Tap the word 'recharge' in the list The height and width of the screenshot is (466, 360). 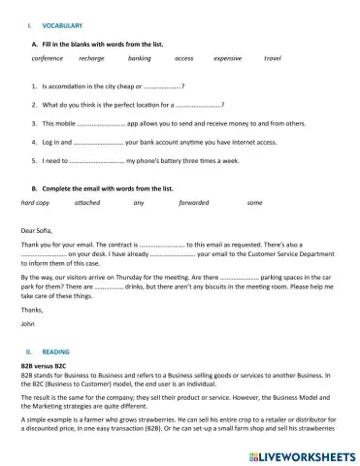point(91,58)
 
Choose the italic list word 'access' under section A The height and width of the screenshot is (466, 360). point(183,58)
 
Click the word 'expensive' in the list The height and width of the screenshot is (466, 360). point(227,58)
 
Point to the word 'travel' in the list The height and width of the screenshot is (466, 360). point(273,58)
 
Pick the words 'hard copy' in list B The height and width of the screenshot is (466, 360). point(36,203)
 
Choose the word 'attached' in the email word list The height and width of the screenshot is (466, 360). point(86,203)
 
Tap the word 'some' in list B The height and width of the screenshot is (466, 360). point(255,203)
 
